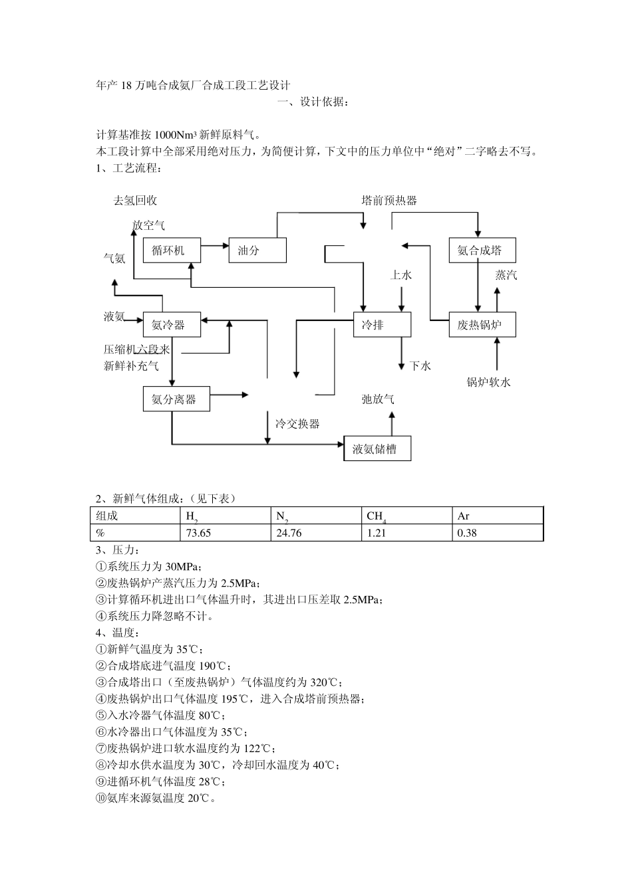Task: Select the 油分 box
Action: pos(257,250)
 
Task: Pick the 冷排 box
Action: pos(382,325)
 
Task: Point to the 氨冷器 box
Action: pos(172,325)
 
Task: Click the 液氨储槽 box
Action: pos(377,448)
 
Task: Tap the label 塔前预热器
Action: pos(389,201)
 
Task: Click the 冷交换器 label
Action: pos(297,424)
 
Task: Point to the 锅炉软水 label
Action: pos(489,382)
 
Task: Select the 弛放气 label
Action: pos(377,399)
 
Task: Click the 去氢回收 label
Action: pos(136,201)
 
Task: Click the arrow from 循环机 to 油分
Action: pos(214,247)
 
